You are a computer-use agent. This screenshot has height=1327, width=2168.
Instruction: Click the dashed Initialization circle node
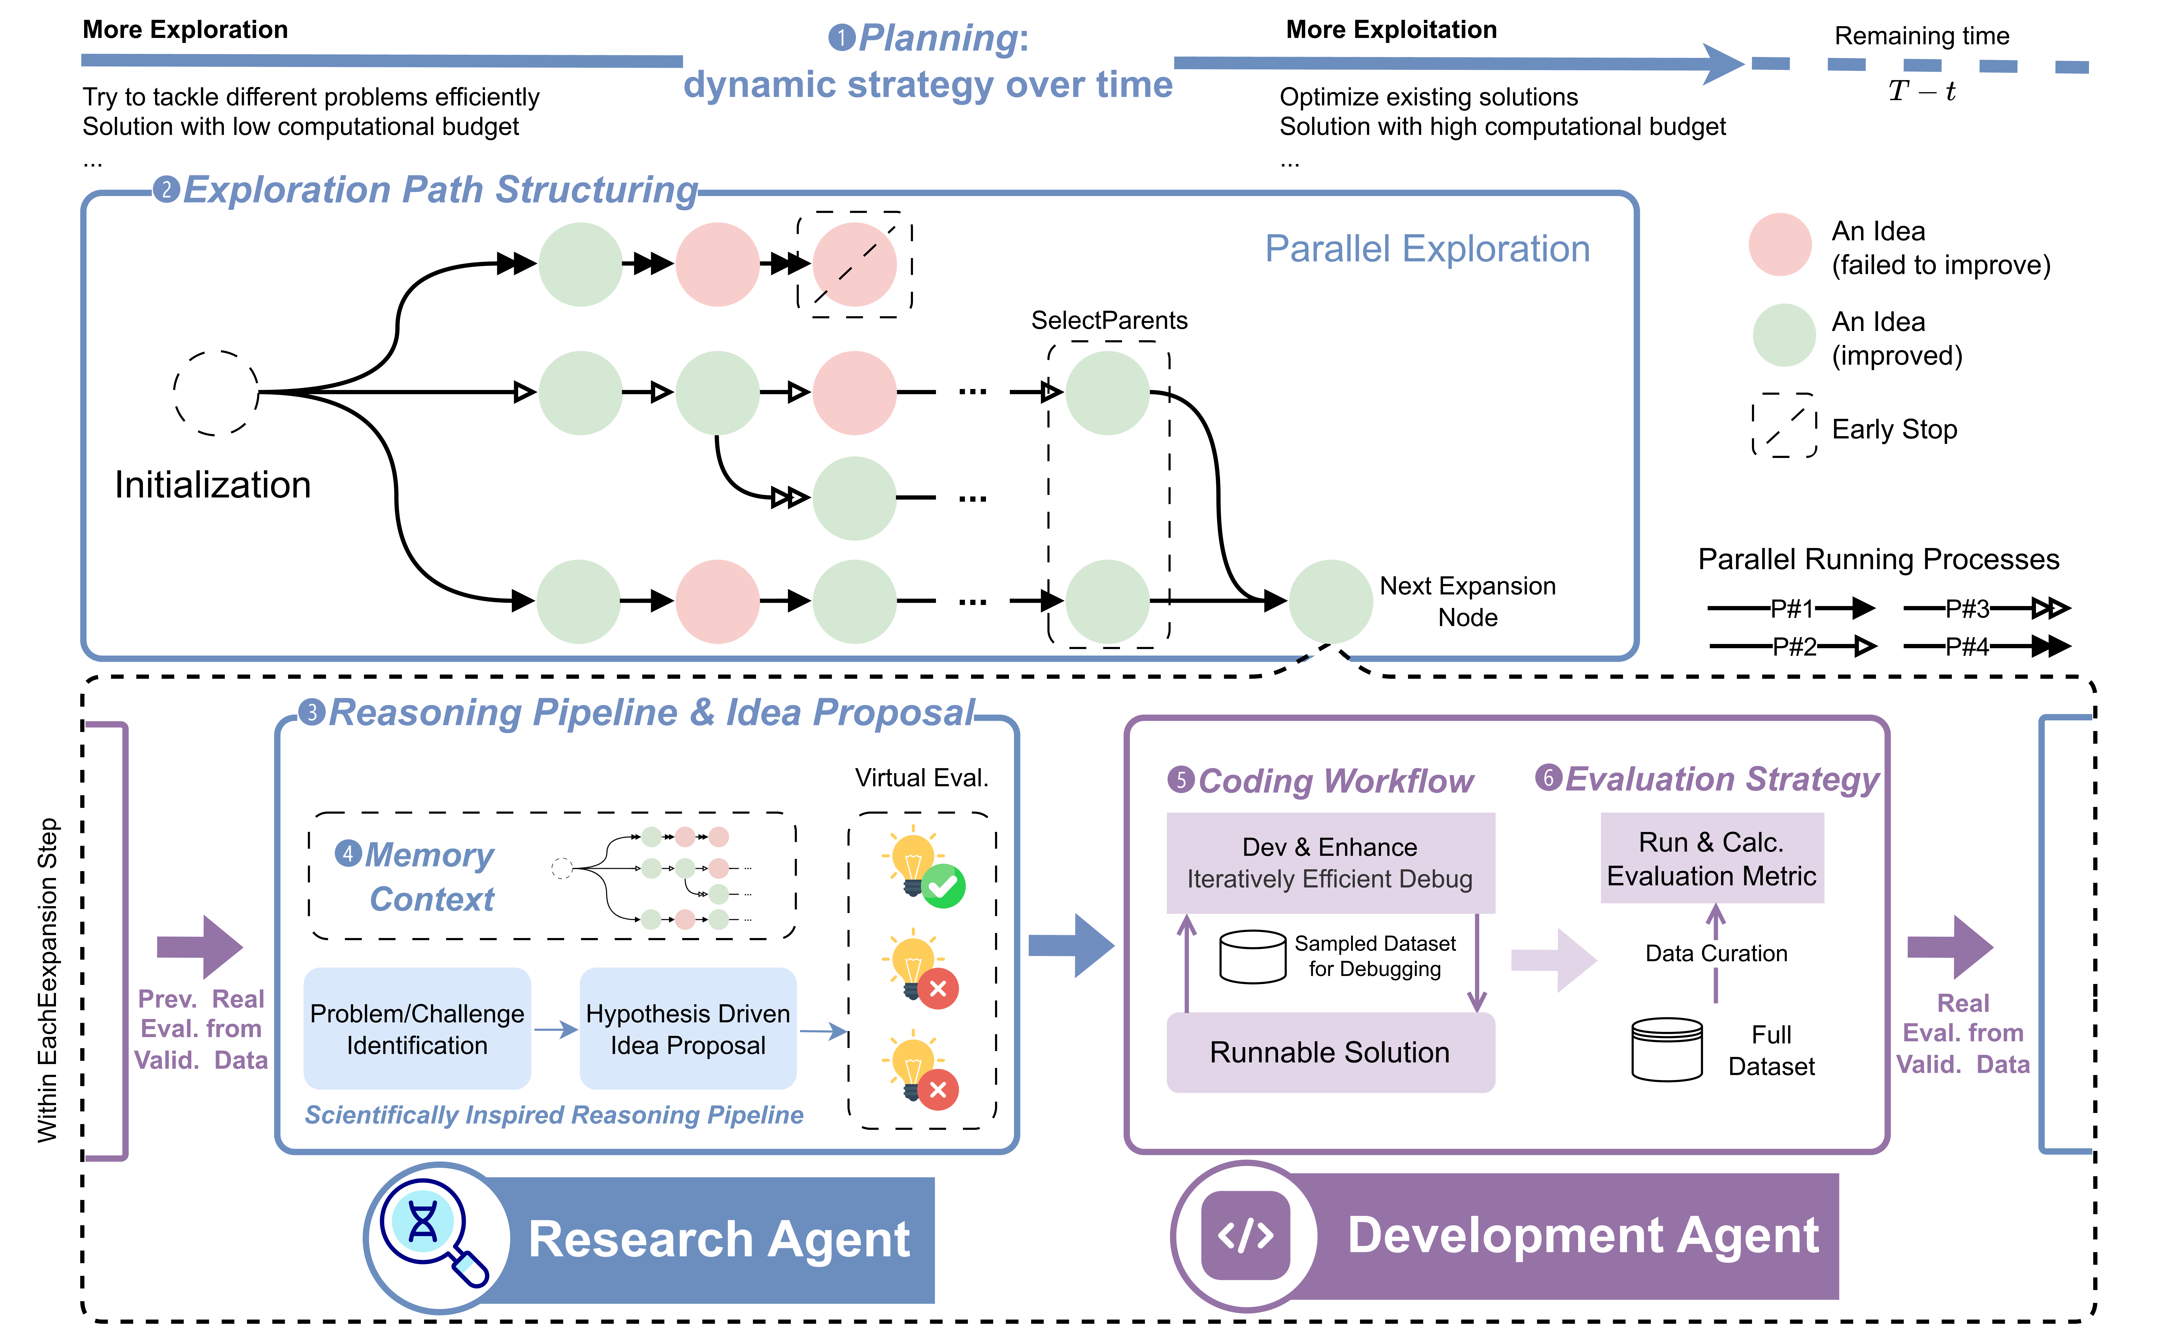215,392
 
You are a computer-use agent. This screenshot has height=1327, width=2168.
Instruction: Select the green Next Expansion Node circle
1329,601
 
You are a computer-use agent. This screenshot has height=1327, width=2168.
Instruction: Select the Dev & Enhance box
1329,862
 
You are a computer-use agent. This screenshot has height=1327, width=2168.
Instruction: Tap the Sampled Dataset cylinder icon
1253,956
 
